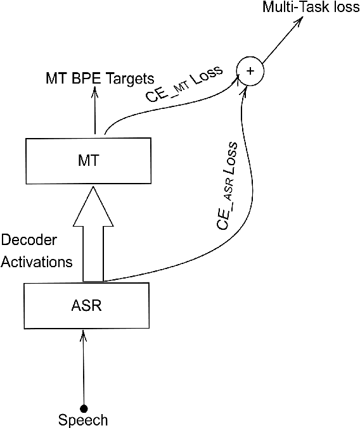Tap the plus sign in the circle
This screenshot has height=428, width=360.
tap(249, 71)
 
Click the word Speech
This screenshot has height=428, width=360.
tap(83, 420)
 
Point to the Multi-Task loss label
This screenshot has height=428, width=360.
tap(310, 8)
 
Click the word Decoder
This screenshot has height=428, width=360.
tap(30, 241)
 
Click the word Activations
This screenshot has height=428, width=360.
tap(37, 261)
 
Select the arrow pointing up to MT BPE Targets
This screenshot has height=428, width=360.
tap(95, 111)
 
